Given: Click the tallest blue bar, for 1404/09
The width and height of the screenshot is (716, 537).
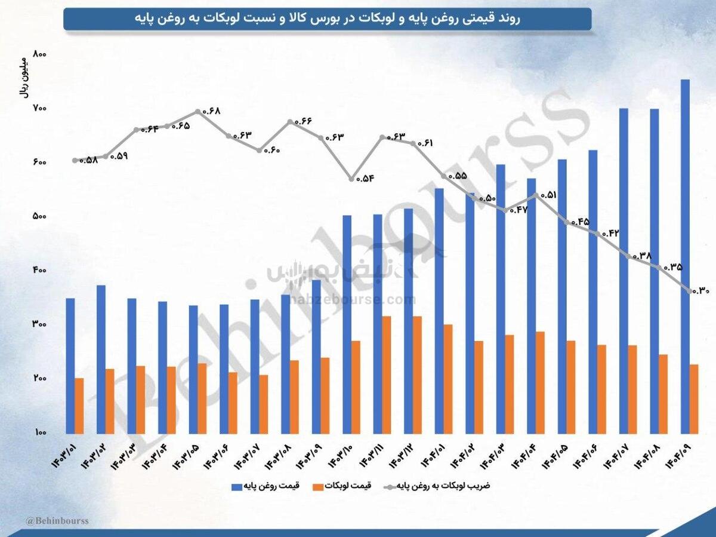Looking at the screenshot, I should pyautogui.click(x=686, y=257).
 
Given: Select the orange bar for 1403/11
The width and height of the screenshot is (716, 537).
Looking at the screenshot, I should pyautogui.click(x=387, y=375).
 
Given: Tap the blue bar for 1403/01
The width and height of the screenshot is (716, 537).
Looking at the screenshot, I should pyautogui.click(x=70, y=366).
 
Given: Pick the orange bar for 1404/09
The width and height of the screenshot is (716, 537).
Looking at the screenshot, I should pyautogui.click(x=695, y=398).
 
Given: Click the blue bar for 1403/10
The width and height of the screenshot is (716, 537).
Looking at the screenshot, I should pyautogui.click(x=347, y=324).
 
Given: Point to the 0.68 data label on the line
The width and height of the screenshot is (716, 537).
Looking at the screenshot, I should pyautogui.click(x=211, y=111).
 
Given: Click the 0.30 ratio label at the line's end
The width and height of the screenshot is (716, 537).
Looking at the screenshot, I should pyautogui.click(x=701, y=291).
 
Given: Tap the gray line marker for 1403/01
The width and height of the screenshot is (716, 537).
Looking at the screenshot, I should pyautogui.click(x=75, y=160).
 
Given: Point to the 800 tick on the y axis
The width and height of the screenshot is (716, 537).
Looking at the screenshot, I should pyautogui.click(x=39, y=54).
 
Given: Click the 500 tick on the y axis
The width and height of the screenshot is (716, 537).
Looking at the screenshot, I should pyautogui.click(x=39, y=216).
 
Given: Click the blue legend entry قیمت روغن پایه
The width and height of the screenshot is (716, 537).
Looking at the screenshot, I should pyautogui.click(x=263, y=486).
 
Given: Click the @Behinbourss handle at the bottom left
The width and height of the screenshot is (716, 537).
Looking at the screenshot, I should pyautogui.click(x=57, y=521).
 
